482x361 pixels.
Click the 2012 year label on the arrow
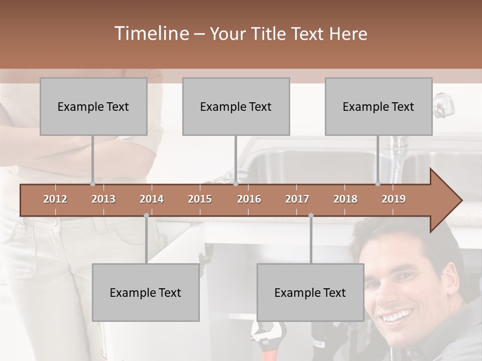[x=55, y=199]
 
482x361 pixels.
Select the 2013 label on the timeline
[x=103, y=199]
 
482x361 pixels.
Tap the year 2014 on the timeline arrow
[x=152, y=199]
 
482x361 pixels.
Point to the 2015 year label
[x=200, y=199]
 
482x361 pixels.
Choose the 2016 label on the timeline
[x=249, y=199]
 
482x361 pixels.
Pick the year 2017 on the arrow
[x=297, y=199]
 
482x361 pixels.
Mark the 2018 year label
[x=345, y=199]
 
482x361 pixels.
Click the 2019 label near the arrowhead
[x=394, y=199]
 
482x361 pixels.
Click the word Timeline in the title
[x=151, y=34]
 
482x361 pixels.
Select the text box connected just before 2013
[x=93, y=107]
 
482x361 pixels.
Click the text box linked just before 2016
[x=236, y=107]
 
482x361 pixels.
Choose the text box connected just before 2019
[x=379, y=107]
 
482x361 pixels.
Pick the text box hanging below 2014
[x=146, y=293]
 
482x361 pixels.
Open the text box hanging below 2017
[x=310, y=293]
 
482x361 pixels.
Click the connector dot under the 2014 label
[x=146, y=216]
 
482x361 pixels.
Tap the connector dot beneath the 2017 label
[x=311, y=216]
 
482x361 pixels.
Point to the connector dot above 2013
[x=92, y=184]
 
